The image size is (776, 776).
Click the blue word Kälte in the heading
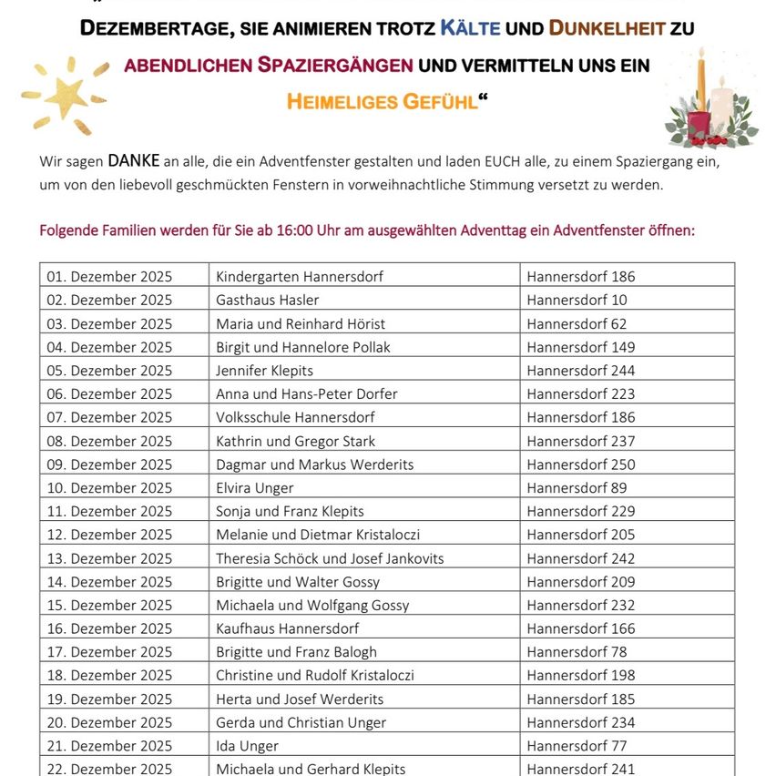point(471,27)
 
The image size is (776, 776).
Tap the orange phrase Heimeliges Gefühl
point(382,102)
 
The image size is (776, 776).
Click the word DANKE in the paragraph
point(133,161)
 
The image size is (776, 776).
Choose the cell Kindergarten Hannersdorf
point(299,276)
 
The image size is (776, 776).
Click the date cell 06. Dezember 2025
point(109,393)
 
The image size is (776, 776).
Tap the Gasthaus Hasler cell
point(267,300)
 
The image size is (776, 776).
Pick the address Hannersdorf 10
point(577,300)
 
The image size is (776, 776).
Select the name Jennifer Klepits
point(264,370)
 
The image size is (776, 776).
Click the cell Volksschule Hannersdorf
point(295,417)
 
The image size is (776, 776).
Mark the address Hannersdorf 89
point(577,487)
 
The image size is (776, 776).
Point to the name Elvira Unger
point(254,487)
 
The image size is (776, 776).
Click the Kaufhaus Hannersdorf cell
point(287,628)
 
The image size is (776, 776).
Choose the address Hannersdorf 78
point(577,651)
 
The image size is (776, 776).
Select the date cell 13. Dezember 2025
point(109,558)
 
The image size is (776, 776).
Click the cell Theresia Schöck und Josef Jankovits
point(330,558)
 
